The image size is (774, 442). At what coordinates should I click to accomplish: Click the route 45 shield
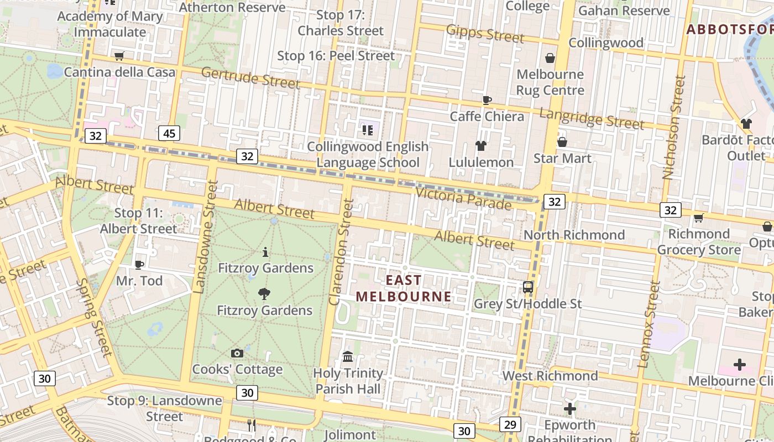[169, 133]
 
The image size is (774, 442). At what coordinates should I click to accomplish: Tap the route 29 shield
[510, 424]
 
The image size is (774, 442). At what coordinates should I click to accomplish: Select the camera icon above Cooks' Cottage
[237, 353]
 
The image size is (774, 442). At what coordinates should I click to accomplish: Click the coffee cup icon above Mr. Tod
[139, 265]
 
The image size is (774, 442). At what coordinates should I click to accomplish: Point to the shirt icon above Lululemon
[481, 146]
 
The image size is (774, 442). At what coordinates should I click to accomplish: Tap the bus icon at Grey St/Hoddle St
[528, 287]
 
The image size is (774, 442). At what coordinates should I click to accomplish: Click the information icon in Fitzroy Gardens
[266, 252]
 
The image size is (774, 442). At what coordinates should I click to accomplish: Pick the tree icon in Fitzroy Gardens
[264, 294]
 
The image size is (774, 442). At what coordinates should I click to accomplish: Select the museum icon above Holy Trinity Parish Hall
[348, 357]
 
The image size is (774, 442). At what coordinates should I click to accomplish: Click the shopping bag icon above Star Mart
[562, 142]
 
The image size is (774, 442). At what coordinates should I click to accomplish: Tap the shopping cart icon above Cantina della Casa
[119, 56]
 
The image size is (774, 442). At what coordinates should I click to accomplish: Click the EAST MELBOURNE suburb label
[404, 288]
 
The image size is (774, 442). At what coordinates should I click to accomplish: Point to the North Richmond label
[574, 235]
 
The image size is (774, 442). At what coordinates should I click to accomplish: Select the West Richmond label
[550, 376]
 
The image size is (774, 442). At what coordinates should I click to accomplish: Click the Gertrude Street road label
[250, 78]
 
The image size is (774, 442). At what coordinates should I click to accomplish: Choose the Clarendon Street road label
[341, 252]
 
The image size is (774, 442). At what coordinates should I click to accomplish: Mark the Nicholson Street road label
[674, 128]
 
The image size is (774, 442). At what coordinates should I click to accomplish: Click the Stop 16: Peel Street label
[336, 56]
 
